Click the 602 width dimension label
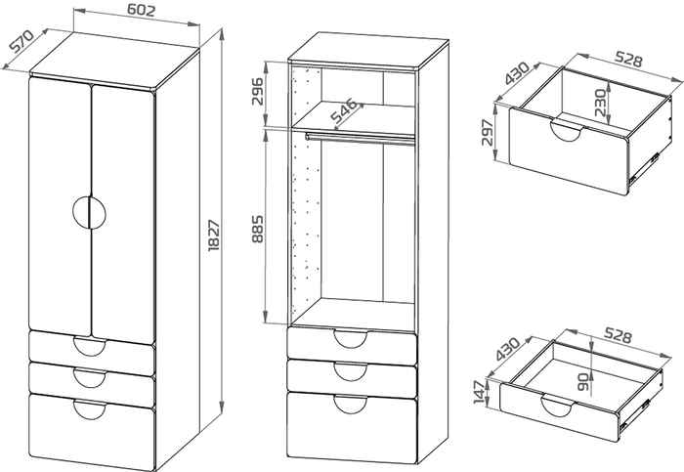point(142,10)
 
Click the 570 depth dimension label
point(21,41)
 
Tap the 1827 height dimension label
point(214,236)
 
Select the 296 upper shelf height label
point(257,91)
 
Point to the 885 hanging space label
point(257,229)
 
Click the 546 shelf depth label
point(343,111)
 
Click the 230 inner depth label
point(600,103)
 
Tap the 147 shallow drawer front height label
point(479,392)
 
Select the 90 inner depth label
point(583,382)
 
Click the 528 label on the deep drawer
point(628,59)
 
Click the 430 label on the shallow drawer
point(508,349)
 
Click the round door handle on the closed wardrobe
point(90,212)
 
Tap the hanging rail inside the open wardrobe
point(360,139)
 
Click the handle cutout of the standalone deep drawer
point(567,131)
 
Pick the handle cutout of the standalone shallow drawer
point(557,406)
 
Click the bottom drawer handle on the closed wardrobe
point(90,410)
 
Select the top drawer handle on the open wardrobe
point(350,339)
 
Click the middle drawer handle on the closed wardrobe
point(90,378)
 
